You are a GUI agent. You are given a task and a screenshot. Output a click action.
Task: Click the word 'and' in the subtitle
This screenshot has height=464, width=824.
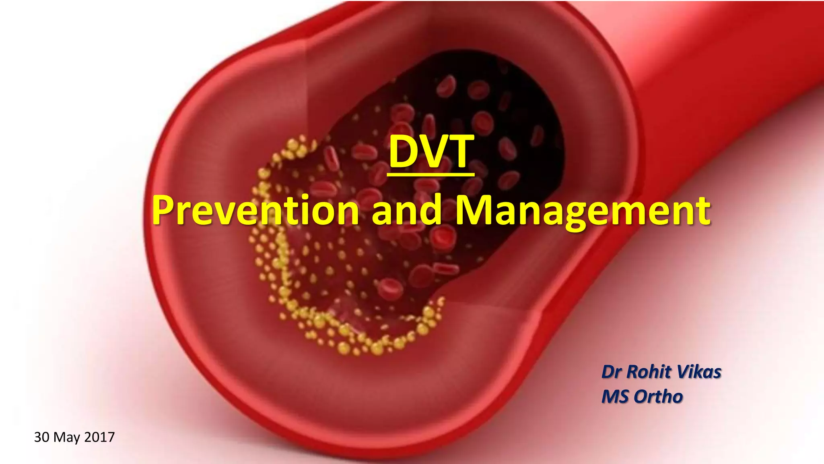406,210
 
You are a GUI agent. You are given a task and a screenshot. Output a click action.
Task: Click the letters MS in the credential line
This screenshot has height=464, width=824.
615,397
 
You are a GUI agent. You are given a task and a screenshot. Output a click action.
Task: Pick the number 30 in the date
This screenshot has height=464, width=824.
42,437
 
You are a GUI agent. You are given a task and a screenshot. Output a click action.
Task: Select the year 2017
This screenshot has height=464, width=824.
99,437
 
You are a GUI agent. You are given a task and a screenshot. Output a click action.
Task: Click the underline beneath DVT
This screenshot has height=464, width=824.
431,174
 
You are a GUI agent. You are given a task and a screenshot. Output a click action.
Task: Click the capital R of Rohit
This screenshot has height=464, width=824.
633,372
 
